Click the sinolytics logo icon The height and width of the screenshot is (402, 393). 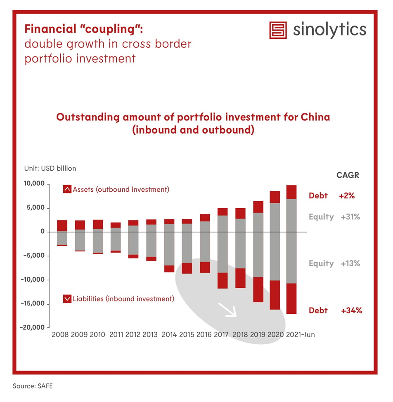278,30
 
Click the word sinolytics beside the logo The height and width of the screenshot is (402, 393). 329,30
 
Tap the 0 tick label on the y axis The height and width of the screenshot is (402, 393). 42,232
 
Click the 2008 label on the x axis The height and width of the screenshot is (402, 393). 60,334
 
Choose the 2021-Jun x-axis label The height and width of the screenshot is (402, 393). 301,334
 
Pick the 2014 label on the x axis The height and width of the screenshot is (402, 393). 169,334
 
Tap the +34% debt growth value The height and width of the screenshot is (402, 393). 351,310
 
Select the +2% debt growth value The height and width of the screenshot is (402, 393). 347,196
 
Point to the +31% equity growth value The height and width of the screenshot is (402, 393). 350,217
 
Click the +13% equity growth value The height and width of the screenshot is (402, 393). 350,263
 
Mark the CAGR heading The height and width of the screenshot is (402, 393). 348,175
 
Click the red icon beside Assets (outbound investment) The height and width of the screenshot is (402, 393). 67,190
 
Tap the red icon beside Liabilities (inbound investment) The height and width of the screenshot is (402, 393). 67,299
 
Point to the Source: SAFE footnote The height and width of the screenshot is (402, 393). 33,386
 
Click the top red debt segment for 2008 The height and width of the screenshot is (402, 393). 62,226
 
